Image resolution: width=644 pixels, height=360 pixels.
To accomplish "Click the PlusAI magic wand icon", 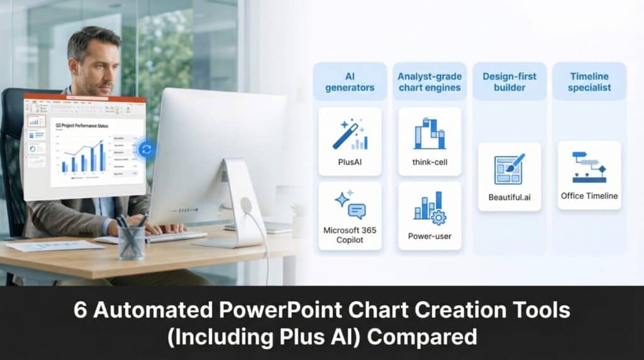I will (350, 136).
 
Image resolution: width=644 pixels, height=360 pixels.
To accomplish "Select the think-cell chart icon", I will (430, 133).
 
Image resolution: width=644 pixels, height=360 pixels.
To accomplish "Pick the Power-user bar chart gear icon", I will (430, 208).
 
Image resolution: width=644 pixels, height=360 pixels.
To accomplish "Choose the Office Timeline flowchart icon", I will (589, 166).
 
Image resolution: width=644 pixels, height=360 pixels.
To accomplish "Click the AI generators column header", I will (350, 82).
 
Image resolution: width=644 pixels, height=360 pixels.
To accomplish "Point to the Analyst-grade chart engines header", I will (430, 82).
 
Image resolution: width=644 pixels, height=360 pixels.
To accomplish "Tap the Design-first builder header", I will (509, 82).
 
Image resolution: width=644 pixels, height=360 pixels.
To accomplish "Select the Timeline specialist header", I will (589, 82).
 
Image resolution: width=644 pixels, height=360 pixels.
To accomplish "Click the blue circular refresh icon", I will (147, 149).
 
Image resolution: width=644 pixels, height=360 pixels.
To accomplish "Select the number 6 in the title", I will (80, 310).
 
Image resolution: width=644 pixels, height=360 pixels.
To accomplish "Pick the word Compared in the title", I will (422, 337).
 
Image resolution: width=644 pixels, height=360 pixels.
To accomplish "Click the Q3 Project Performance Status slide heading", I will (82, 126).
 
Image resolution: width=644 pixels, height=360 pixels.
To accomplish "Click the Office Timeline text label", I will (589, 196).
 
